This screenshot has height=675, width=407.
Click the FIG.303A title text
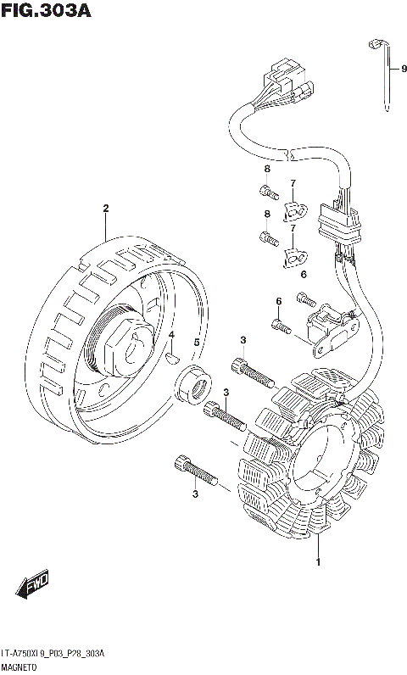[47, 10]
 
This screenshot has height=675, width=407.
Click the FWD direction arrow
[33, 585]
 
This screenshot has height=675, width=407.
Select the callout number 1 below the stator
[318, 561]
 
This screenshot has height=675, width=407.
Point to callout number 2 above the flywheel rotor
[105, 209]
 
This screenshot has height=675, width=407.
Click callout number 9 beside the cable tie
[403, 69]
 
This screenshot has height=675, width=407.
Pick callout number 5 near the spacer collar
[197, 343]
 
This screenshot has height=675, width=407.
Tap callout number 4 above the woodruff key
[171, 334]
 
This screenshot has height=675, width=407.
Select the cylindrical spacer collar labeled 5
[194, 384]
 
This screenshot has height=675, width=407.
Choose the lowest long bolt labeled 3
[196, 471]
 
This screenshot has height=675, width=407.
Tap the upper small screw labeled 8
[269, 191]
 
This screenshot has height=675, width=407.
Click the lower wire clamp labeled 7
[295, 258]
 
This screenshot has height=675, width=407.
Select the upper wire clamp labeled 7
[295, 211]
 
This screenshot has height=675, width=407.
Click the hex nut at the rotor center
[128, 344]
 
